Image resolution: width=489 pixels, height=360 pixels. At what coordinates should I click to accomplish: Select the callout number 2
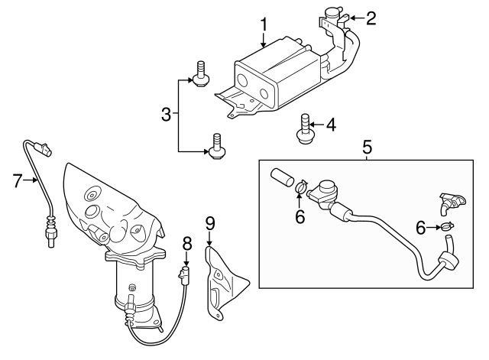371,18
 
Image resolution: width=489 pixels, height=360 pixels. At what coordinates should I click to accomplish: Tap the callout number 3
167,115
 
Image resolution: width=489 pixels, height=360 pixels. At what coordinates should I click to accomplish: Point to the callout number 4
331,124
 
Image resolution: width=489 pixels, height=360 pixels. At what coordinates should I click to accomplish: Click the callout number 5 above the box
367,145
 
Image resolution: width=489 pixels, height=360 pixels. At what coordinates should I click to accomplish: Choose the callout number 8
186,244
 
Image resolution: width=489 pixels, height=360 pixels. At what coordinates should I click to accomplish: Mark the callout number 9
210,222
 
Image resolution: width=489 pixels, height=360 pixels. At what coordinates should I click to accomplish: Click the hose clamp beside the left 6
300,186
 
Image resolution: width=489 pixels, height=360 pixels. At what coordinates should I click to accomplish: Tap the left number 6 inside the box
300,217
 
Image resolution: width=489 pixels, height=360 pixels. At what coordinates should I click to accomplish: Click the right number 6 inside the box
419,226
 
